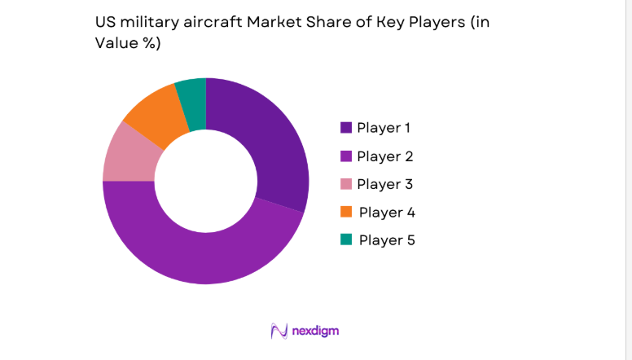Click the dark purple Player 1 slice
tap(269, 147)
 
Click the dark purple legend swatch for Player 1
tap(346, 127)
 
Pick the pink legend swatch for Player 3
tap(346, 184)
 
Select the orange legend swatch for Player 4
tap(346, 212)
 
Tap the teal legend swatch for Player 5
tap(346, 239)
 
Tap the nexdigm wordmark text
tap(317, 331)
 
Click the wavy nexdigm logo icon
tap(279, 331)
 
